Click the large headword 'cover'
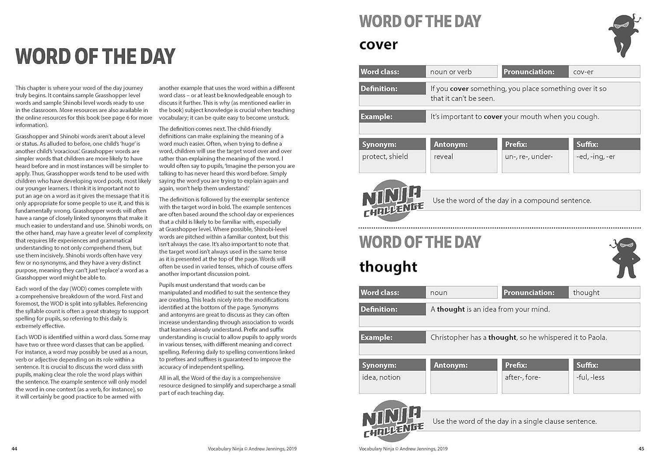coord(378,45)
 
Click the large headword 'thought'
coord(388,266)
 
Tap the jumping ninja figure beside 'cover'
coord(625,35)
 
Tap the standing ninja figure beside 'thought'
coord(626,258)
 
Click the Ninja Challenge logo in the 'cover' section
coord(392,201)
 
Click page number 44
coord(14,449)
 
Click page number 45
coord(641,449)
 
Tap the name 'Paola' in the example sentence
coord(597,338)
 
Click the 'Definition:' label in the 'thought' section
coord(379,309)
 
